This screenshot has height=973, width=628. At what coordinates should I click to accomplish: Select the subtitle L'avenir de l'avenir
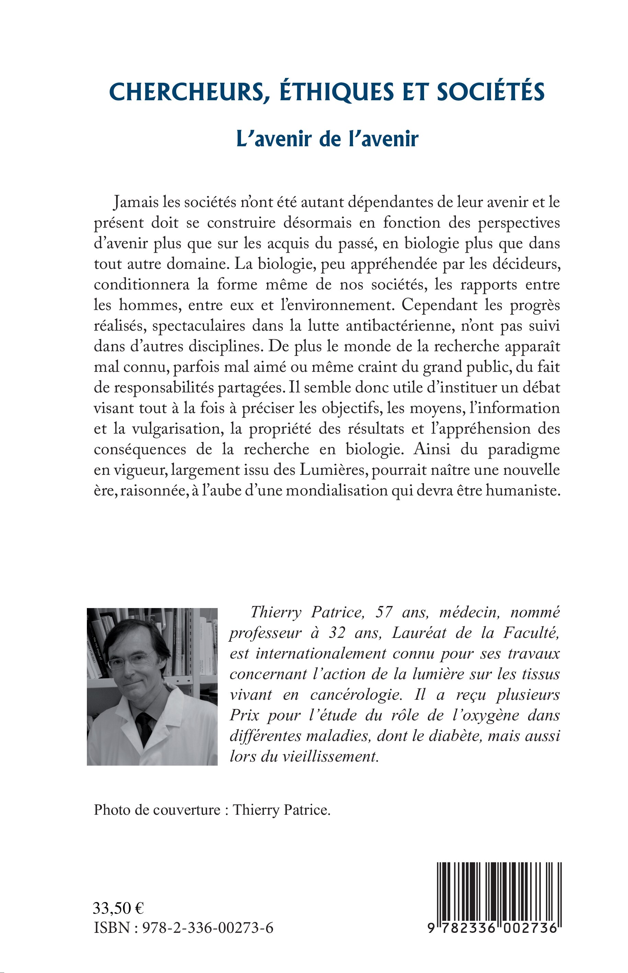point(327,139)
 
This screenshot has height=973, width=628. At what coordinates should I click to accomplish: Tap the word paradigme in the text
point(523,449)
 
